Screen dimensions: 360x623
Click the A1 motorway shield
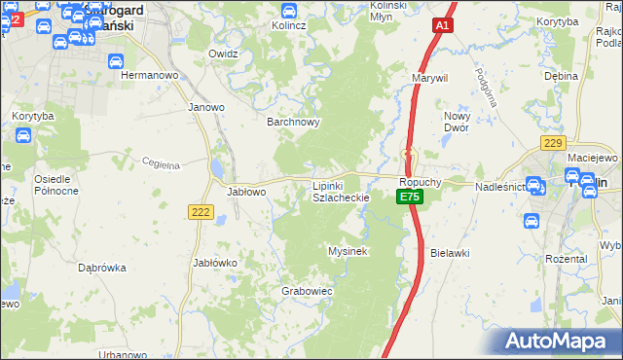pos(443,27)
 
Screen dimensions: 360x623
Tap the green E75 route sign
pos(410,197)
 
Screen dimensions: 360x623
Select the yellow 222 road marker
pos(202,212)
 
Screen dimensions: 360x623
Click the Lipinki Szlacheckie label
pos(341,191)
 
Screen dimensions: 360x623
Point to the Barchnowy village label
pos(294,123)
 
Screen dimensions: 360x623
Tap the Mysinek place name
pos(347,251)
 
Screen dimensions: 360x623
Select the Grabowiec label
pos(308,291)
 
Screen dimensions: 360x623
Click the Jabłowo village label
pos(247,192)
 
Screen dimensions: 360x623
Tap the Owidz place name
pos(224,54)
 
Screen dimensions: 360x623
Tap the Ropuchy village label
pos(421,182)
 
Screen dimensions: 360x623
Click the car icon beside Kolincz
pos(289,11)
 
